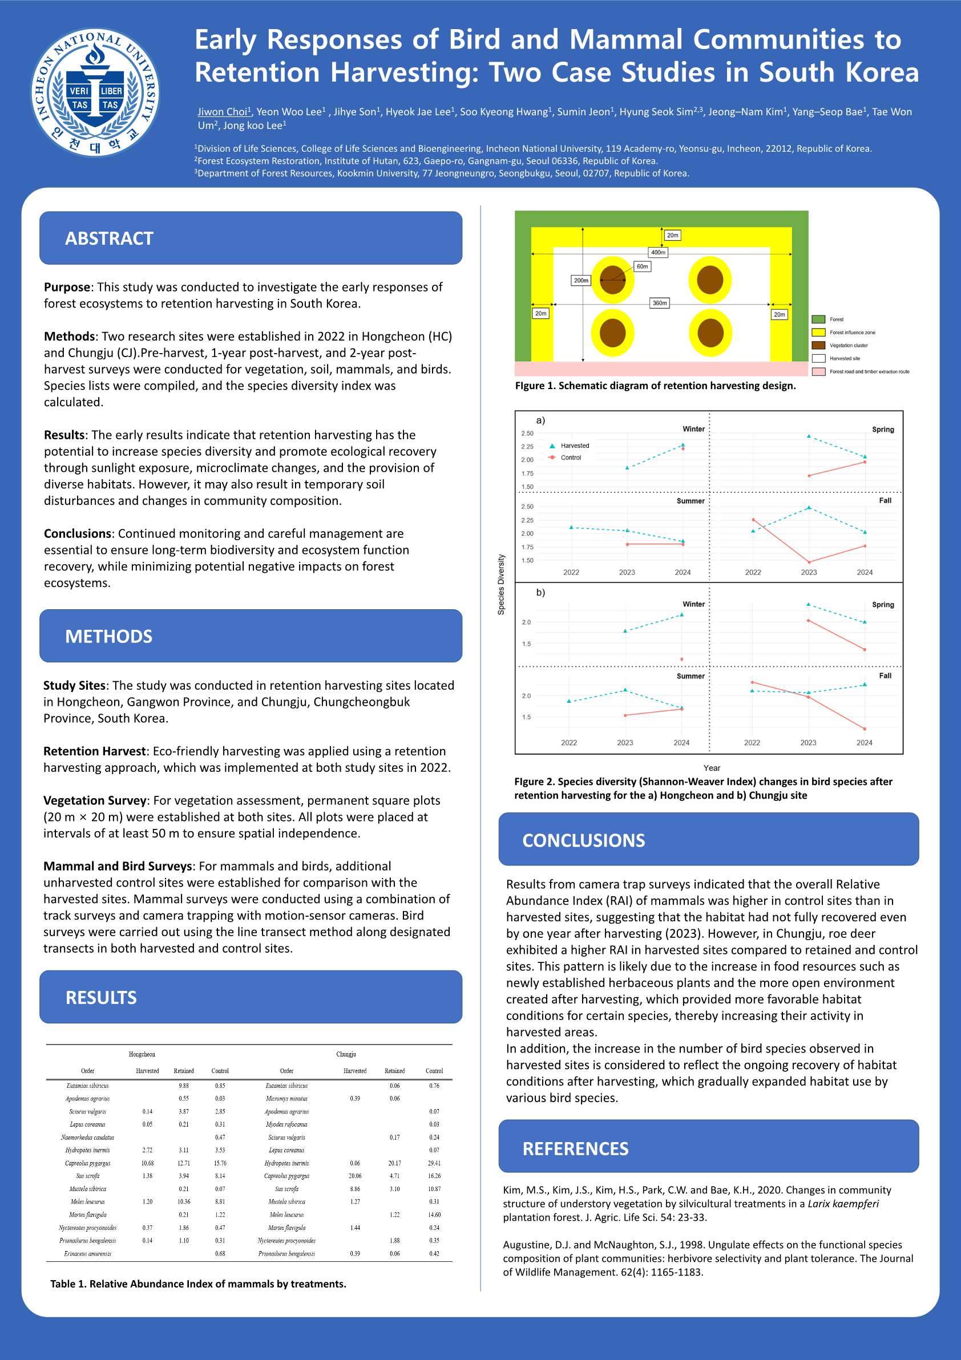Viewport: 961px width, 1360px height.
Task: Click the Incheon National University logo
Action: tap(95, 92)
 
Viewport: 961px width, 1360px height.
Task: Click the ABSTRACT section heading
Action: tap(109, 238)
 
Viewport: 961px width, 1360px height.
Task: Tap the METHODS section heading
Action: tap(108, 636)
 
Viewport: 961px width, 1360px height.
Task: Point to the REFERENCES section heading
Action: tap(575, 1148)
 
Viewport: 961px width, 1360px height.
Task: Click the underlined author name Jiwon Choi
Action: tap(223, 111)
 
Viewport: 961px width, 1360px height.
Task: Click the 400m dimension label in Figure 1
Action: tap(658, 252)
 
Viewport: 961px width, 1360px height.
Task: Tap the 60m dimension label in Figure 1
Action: tap(642, 266)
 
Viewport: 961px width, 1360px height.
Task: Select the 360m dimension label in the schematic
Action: tap(660, 303)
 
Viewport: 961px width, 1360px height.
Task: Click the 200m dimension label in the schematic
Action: tap(581, 280)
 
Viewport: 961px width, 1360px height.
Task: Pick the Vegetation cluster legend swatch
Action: tap(818, 345)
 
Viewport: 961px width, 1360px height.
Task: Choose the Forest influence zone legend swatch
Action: tap(818, 333)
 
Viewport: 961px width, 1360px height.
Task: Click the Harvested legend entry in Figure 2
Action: tap(574, 446)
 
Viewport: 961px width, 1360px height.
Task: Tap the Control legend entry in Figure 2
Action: tap(571, 458)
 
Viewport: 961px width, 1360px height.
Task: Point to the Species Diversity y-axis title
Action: tap(501, 584)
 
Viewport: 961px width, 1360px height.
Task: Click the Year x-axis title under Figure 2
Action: tap(712, 768)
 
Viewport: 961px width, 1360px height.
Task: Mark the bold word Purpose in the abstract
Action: tap(67, 288)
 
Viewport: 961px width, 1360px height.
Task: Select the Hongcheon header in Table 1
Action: tap(142, 1054)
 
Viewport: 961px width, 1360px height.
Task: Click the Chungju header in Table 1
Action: tap(346, 1054)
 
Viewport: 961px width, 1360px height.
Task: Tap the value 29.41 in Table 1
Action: tap(434, 1163)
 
